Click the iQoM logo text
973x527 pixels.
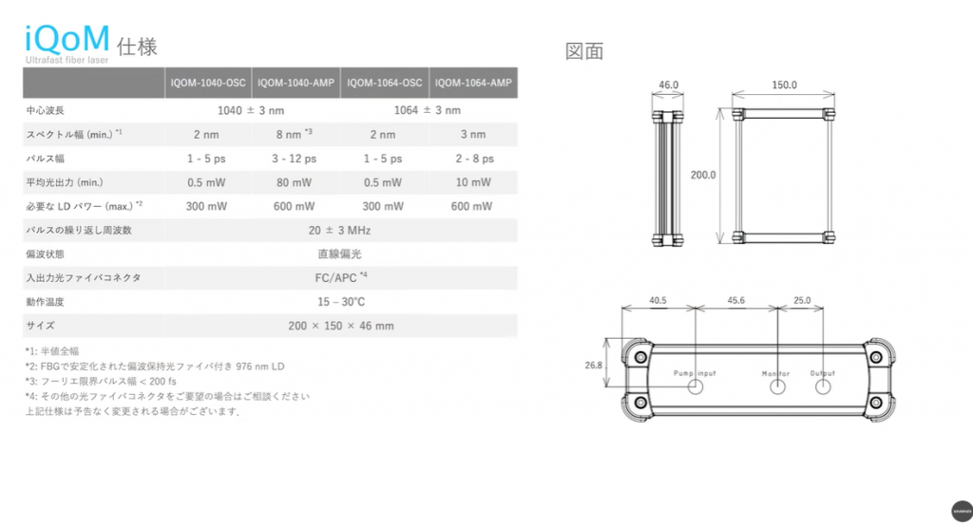pyautogui.click(x=66, y=39)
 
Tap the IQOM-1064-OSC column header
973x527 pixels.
pyautogui.click(x=385, y=84)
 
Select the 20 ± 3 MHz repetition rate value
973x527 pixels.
pyautogui.click(x=339, y=231)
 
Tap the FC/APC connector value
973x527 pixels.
pyautogui.click(x=339, y=278)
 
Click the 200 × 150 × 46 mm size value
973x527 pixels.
pyautogui.click(x=339, y=327)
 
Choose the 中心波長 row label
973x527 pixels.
pyautogui.click(x=47, y=111)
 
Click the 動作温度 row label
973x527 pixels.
pyautogui.click(x=47, y=303)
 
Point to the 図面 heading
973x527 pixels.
pyautogui.click(x=584, y=51)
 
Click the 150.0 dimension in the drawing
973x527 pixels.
pyautogui.click(x=784, y=85)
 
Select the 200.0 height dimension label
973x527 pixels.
pyautogui.click(x=703, y=176)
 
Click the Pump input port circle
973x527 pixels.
pyautogui.click(x=696, y=387)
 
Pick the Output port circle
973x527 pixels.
pyautogui.click(x=823, y=387)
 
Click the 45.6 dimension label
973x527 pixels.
pyautogui.click(x=736, y=301)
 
